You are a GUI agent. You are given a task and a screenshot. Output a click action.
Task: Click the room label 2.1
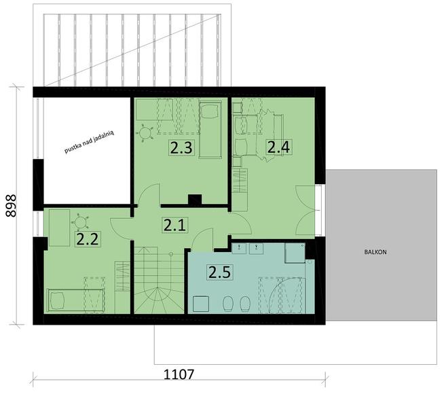[x=172, y=225]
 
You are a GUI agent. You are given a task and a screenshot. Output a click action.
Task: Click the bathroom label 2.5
[x=219, y=273]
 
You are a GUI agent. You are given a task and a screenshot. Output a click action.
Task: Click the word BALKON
[x=375, y=251]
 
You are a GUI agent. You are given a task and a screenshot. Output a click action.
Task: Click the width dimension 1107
[x=180, y=374]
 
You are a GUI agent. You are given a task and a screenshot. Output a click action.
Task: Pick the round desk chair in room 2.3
[x=146, y=133]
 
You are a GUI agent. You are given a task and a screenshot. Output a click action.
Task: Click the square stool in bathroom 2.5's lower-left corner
[x=201, y=303]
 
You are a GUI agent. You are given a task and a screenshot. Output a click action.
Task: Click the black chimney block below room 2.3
[x=195, y=200]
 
